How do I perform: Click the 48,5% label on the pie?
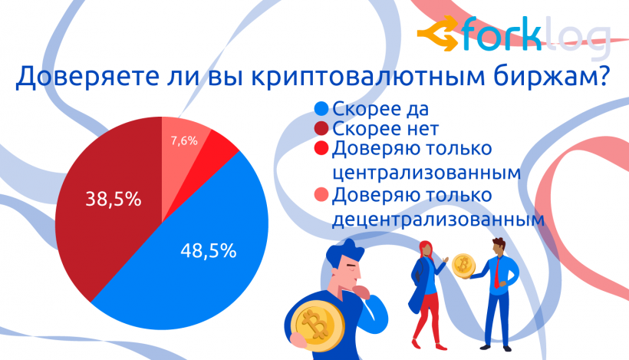point(208,250)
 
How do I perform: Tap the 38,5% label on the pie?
point(112,200)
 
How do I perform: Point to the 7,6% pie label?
point(183,140)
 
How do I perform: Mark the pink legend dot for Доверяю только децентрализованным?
point(321,196)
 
